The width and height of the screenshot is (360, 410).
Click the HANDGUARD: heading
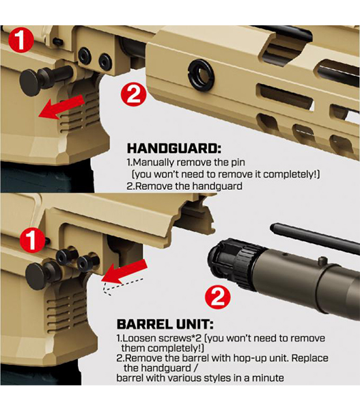(x=174, y=148)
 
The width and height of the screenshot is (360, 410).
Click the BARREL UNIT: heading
(x=165, y=324)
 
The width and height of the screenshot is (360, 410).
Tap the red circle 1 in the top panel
(x=20, y=40)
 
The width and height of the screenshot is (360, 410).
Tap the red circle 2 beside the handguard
(x=134, y=94)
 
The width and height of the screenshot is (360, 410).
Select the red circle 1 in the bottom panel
(x=31, y=240)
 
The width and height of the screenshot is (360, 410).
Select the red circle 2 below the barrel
(x=217, y=297)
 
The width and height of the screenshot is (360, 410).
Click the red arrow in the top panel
(x=62, y=107)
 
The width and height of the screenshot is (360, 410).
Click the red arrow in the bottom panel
(x=124, y=273)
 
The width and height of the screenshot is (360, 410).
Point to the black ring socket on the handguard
(x=202, y=74)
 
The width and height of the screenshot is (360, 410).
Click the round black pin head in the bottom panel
(x=36, y=276)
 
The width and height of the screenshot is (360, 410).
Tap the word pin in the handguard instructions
(x=238, y=163)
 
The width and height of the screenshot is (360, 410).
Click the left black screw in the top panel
(x=85, y=55)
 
